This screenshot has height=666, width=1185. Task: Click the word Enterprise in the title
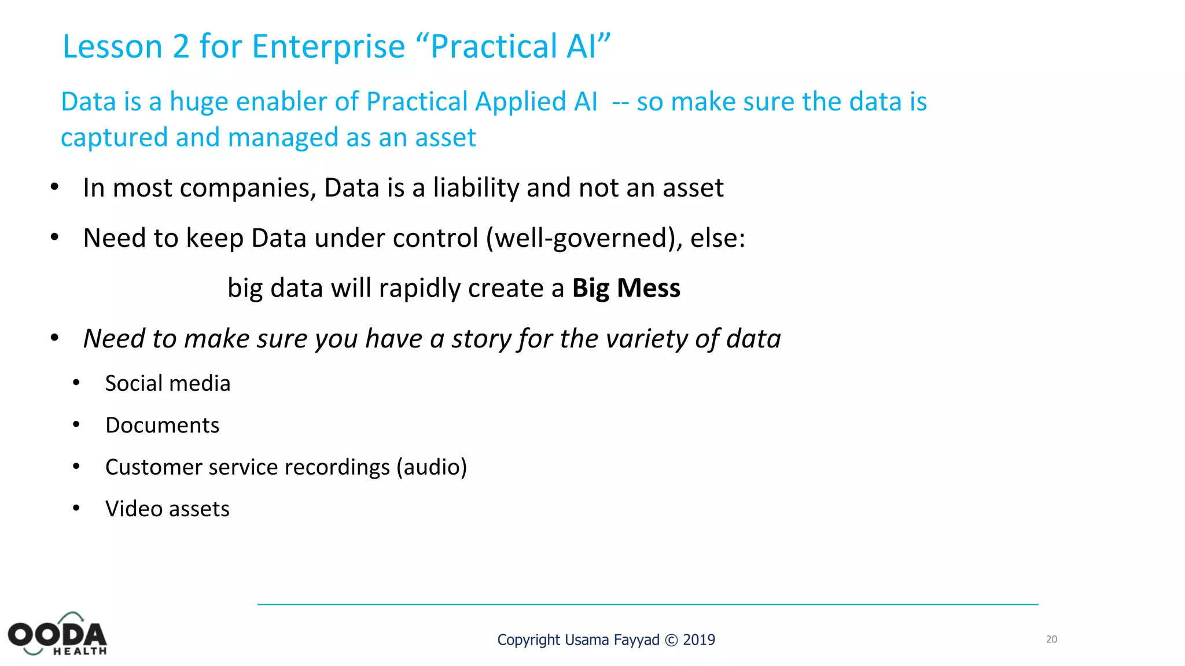[x=328, y=47]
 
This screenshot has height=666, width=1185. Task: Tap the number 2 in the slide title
[x=181, y=47]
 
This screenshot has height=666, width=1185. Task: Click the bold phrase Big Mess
[x=626, y=288]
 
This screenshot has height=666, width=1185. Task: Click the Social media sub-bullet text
[x=167, y=383]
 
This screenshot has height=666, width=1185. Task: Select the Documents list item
[x=162, y=425]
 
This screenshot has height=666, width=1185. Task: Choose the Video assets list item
[x=167, y=509]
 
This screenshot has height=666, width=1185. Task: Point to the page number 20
[x=1051, y=639]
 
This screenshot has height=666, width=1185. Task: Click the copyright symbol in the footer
[x=671, y=641]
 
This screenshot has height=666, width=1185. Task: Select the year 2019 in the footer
[x=699, y=640]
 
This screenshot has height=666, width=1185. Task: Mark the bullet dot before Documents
[x=76, y=425]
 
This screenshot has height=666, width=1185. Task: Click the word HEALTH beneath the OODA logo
[x=80, y=652]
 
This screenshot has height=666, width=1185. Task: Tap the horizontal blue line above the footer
[x=647, y=605]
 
